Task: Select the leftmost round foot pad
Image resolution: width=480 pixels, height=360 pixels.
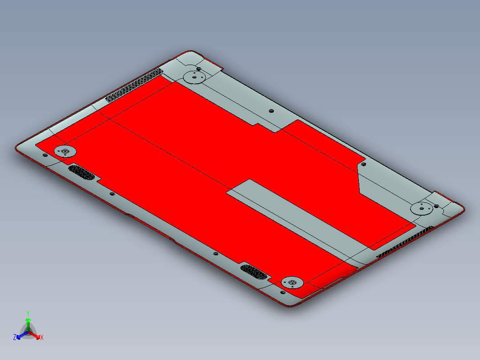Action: coord(65,151)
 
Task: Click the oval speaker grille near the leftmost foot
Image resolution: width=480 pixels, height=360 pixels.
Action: coord(81,172)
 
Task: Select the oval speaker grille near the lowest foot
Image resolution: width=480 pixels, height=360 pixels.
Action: coord(254,271)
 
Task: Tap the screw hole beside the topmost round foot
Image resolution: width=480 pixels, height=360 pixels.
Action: coord(199,69)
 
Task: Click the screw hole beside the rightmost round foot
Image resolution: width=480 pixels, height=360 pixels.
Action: coord(436,206)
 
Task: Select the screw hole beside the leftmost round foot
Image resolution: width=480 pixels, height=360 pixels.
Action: coord(45,155)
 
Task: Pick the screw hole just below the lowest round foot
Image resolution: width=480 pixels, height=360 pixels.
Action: coord(282,292)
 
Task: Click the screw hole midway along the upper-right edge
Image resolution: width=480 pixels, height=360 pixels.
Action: coord(271,111)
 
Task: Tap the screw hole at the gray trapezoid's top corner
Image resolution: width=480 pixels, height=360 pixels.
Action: coord(363,164)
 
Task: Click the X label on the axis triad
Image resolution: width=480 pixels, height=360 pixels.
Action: coord(42,338)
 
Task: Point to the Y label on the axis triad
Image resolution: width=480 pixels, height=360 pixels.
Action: coord(28,313)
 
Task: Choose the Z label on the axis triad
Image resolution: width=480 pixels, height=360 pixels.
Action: coord(15,338)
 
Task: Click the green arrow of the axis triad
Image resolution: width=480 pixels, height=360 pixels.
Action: coord(28,323)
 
